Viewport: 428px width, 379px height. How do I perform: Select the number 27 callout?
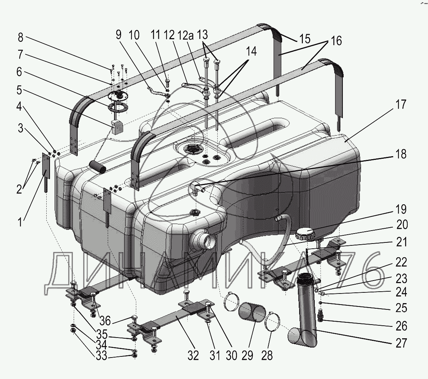[x=400, y=343]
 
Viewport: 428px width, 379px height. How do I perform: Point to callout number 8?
[x=20, y=37]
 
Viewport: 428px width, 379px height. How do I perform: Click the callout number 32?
[x=193, y=356]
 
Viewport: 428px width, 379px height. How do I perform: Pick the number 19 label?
[x=400, y=209]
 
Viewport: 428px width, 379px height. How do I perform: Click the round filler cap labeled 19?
[x=305, y=234]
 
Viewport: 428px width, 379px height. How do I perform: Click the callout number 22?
[x=400, y=262]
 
